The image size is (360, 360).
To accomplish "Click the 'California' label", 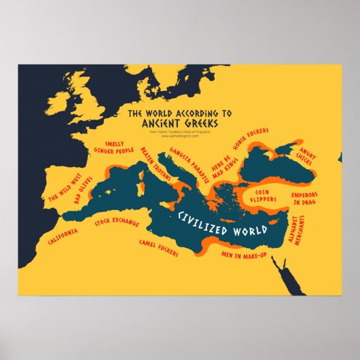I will pos(62,237).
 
